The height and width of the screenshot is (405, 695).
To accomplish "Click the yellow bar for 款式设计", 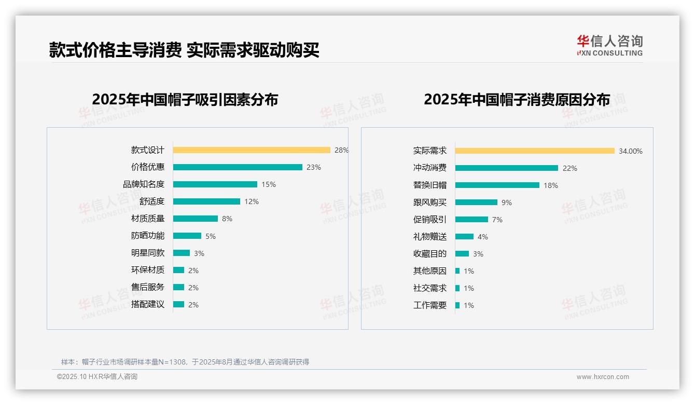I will pos(252,150).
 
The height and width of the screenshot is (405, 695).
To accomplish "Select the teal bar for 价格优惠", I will pos(238,167).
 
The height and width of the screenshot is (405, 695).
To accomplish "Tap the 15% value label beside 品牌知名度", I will pos(269,184).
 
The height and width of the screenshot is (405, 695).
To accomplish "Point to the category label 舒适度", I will pos(152,201).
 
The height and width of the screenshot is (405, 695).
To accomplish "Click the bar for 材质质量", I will pos(196,219).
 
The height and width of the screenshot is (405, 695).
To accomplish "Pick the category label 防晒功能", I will pos(148,236).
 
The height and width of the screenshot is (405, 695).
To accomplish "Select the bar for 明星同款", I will pos(182,253).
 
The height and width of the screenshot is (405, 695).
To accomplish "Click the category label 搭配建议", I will pos(148,304).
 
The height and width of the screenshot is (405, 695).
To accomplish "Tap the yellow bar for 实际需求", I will pos(535,151).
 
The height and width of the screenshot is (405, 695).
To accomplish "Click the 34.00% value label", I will pos(630,151).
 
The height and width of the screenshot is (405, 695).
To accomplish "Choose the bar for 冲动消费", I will pos(507,168).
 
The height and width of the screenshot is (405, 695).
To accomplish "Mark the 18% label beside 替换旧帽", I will pos(551,185).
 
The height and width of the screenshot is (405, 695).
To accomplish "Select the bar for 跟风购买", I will pos(476,203).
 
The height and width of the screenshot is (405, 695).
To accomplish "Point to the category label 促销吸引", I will pos(430,220).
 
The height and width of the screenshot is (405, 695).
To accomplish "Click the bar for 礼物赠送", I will pos(464,237).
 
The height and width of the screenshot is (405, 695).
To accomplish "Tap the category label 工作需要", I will pos(430,305).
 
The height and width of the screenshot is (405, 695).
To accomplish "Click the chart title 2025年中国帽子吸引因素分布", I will pos(185,99).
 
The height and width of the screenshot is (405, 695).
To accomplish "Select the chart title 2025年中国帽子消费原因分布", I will pos(517,99).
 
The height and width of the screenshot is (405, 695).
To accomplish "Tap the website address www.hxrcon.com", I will pos(603,377).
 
